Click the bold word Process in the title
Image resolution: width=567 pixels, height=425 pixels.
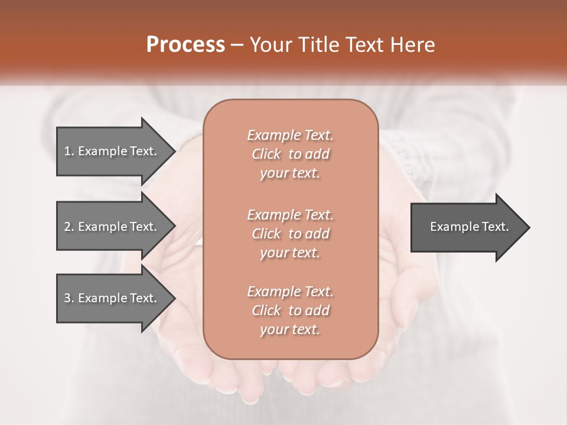click(185, 45)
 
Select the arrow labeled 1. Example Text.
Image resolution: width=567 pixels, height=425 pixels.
click(112, 151)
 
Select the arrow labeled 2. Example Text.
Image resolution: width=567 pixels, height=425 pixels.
click(112, 227)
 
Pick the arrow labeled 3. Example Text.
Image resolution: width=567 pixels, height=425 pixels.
click(112, 298)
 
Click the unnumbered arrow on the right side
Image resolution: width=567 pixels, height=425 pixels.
click(467, 227)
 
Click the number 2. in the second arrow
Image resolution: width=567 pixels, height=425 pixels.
click(69, 227)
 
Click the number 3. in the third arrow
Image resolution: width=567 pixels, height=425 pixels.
click(69, 298)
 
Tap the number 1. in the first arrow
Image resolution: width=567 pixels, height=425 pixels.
click(69, 151)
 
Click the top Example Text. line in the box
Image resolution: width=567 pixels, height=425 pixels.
click(290, 135)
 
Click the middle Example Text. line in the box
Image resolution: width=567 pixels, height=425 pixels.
click(290, 214)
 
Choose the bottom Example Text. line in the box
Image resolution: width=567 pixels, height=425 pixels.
click(290, 292)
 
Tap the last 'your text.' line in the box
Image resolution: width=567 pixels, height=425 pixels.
click(290, 329)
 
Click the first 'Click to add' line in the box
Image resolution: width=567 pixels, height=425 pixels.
click(290, 154)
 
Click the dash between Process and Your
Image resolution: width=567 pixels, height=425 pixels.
click(237, 45)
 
